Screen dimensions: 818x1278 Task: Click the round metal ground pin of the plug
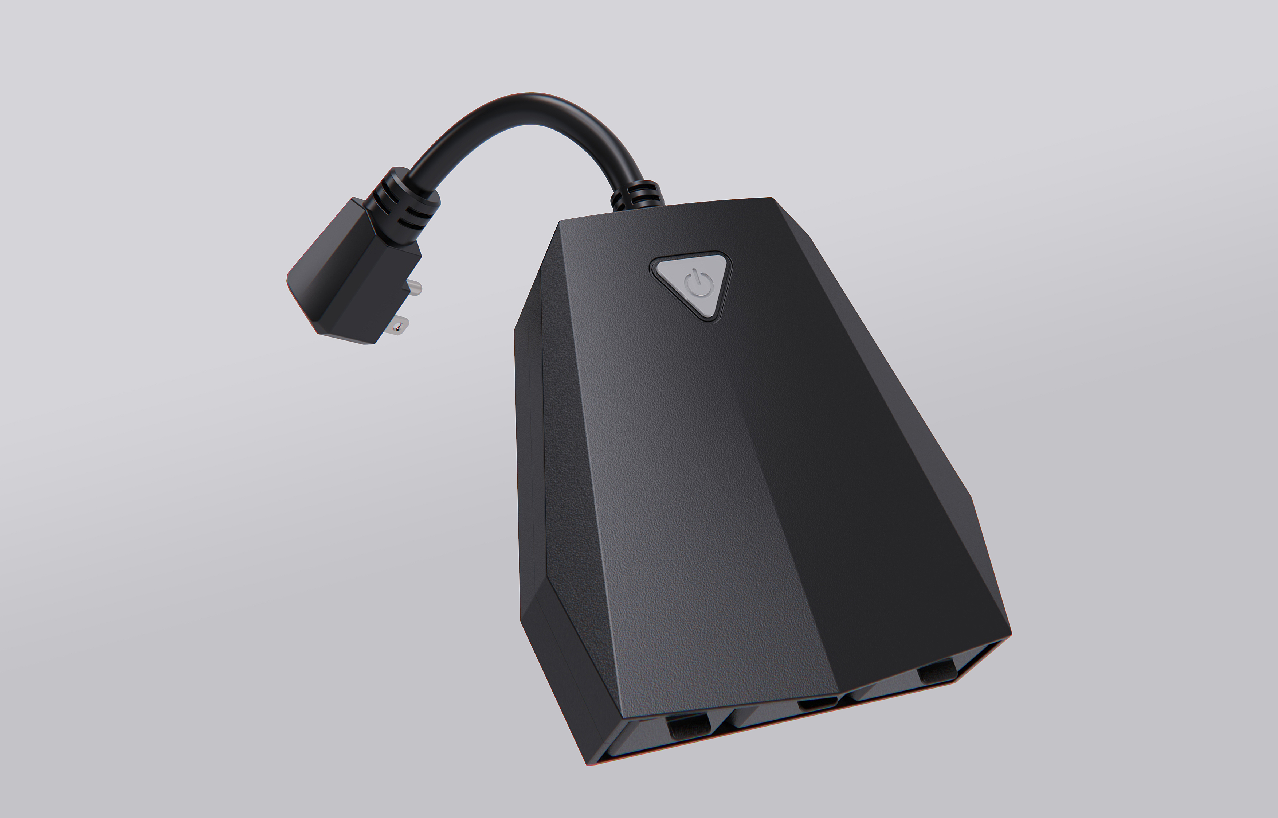415,288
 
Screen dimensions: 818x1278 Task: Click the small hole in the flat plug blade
394,329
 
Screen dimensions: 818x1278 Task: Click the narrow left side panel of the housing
531,452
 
